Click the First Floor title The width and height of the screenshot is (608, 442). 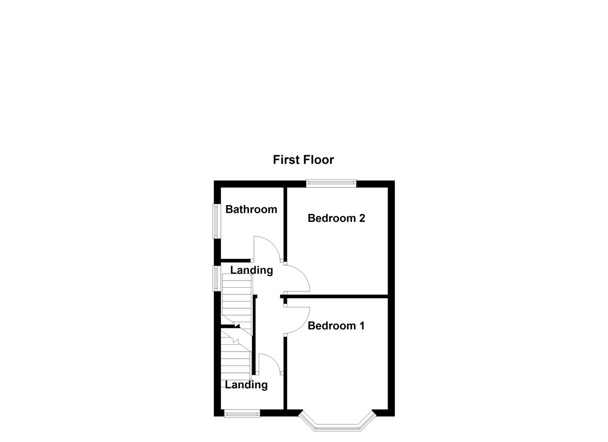pos(303,160)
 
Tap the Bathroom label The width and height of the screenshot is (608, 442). pos(251,210)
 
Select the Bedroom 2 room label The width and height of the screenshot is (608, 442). pos(336,218)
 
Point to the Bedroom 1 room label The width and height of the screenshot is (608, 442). pos(336,326)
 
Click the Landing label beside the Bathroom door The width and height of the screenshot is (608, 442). pos(251,270)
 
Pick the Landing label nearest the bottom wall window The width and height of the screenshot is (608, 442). pos(246,385)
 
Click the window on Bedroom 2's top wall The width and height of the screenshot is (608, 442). pos(331,183)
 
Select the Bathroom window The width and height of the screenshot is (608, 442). pos(215,221)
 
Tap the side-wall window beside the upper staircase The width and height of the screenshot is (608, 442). pos(215,278)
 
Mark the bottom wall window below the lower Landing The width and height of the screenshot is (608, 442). pos(242,414)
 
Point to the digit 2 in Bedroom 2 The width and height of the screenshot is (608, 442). pos(362,218)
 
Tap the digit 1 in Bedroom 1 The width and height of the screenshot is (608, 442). pos(362,326)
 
